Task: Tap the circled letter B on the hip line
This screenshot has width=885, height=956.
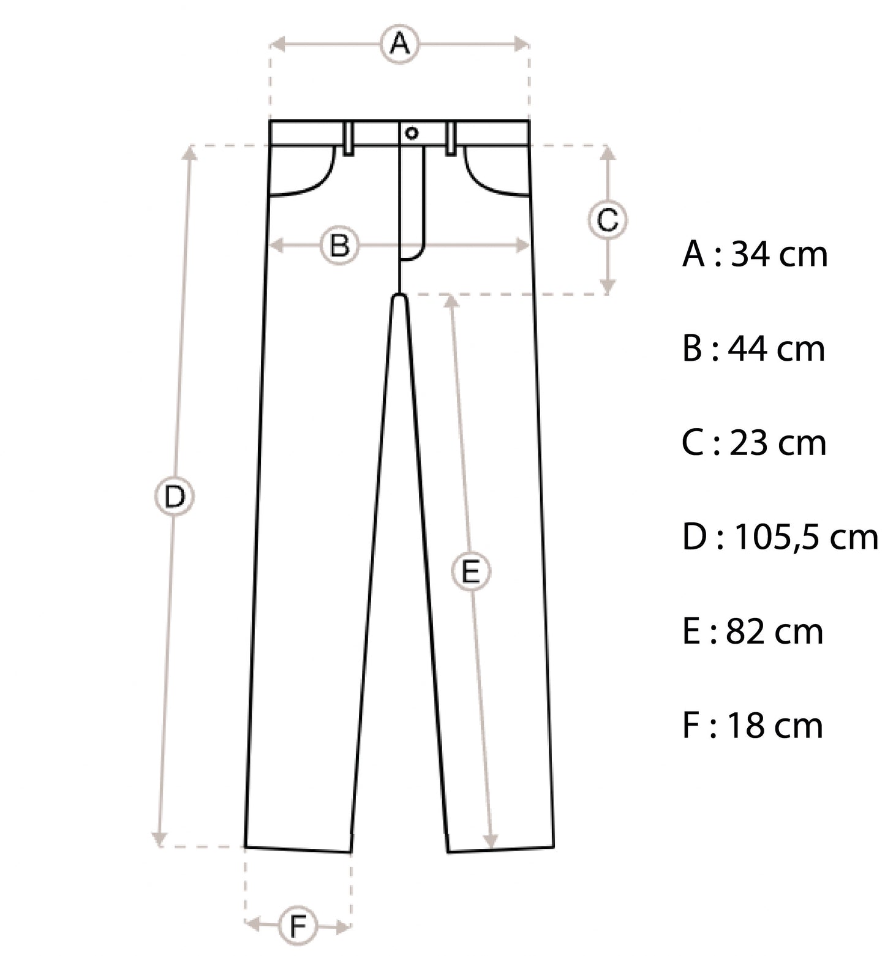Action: point(339,246)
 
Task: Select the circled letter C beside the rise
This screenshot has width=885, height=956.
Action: point(607,220)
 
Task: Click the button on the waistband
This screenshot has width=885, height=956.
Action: point(412,133)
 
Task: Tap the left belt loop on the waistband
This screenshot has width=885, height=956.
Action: point(348,138)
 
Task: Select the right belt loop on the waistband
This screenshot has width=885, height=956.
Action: point(451,138)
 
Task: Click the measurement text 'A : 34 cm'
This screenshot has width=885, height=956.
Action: point(755,254)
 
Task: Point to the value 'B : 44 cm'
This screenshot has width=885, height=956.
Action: point(753,348)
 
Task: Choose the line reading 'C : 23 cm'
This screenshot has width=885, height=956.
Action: point(753,443)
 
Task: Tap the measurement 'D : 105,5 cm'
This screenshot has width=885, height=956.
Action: point(780,538)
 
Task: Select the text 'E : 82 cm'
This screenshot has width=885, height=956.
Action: point(752,631)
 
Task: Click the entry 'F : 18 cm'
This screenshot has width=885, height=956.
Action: point(752,726)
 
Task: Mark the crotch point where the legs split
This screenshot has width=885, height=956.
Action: point(399,296)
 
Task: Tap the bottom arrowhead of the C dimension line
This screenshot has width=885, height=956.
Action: point(607,287)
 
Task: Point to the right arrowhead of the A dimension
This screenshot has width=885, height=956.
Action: point(523,43)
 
